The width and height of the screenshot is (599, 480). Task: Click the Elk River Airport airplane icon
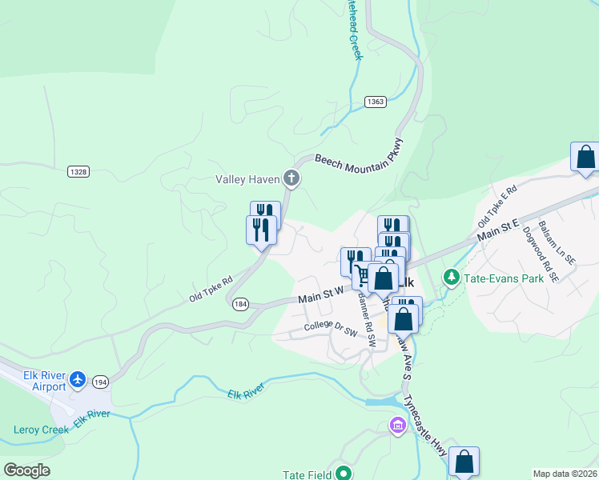coord(78,378)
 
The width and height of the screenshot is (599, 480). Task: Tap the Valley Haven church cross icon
coord(291,178)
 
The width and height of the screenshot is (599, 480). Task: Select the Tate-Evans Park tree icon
coord(452,278)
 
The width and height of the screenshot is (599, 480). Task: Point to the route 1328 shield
coord(78,171)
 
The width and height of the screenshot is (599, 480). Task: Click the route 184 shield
coord(240,304)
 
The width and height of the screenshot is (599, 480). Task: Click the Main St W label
coord(321,296)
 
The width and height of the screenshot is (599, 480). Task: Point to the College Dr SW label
coord(330,329)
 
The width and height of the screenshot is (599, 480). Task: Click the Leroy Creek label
coord(42,430)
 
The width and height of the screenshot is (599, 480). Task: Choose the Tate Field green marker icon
coord(344,474)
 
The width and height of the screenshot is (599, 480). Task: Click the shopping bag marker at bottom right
coord(464,461)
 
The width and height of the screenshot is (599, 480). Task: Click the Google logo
coord(27,470)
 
